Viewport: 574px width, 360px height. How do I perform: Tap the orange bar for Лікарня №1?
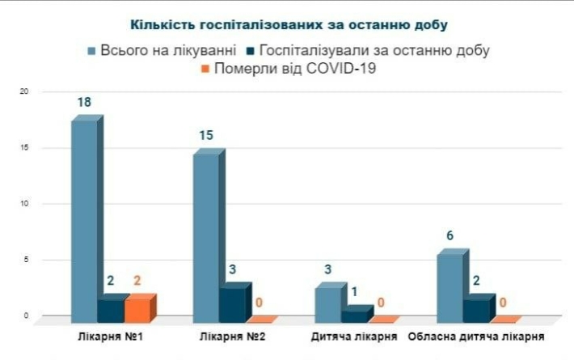[x=138, y=308]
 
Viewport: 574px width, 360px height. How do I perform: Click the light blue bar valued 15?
[x=205, y=235]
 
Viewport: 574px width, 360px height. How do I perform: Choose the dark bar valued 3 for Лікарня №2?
[x=233, y=303]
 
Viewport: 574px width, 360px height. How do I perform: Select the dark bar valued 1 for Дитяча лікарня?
[x=355, y=313]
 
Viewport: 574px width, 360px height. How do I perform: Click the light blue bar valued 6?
[x=449, y=285]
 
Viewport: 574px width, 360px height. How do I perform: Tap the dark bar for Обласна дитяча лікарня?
[x=477, y=308]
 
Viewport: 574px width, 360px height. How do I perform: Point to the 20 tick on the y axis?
[x=24, y=91]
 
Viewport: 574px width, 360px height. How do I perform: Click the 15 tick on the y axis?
[x=24, y=147]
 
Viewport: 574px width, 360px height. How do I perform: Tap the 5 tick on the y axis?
[x=25, y=260]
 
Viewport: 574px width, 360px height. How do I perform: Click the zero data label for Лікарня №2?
[x=260, y=303]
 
